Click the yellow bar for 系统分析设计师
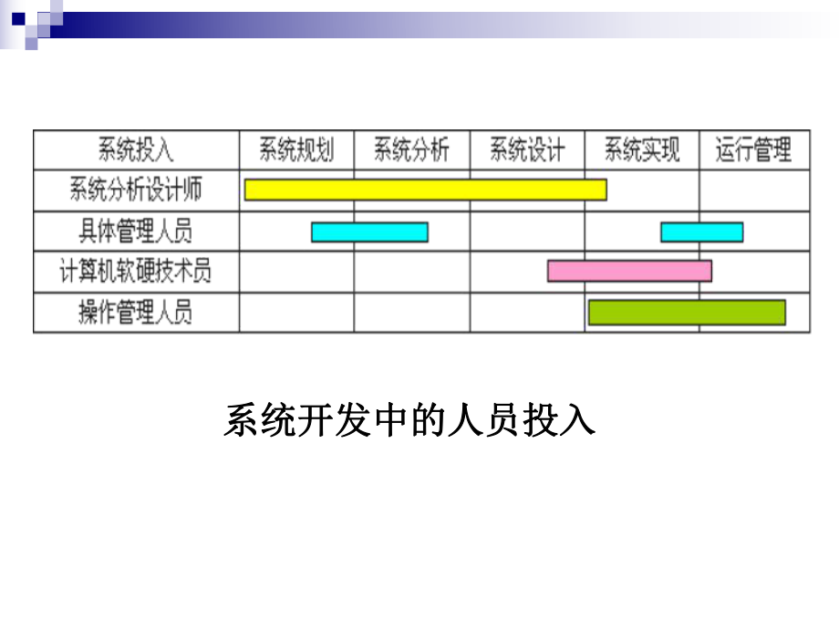click(425, 190)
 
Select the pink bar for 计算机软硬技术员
click(629, 271)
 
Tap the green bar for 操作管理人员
click(687, 313)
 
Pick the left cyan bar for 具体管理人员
click(369, 232)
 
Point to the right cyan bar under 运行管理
click(701, 232)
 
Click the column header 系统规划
click(296, 150)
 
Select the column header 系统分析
click(412, 150)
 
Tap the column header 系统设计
click(527, 150)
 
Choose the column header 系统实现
click(642, 150)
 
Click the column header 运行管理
click(754, 150)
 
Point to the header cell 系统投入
click(136, 150)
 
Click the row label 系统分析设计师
click(136, 191)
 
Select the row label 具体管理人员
click(136, 232)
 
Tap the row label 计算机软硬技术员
click(136, 272)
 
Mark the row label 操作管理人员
click(136, 313)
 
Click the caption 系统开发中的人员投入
click(409, 422)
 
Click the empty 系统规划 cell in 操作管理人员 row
click(296, 313)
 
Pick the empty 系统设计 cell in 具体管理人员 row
click(527, 232)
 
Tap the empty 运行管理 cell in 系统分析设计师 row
click(754, 191)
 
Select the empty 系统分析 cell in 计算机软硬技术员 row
click(412, 272)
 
